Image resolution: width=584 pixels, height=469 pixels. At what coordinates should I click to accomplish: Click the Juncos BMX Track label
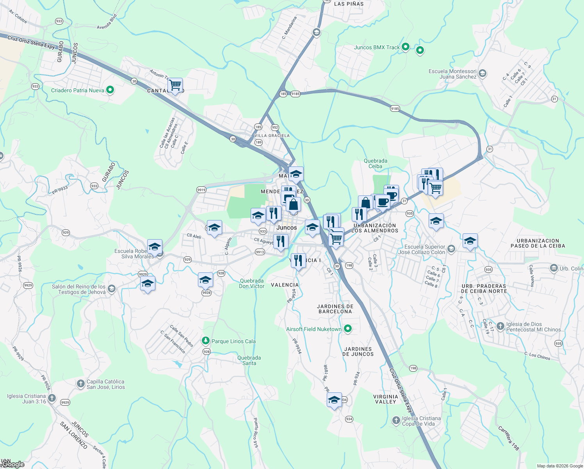pos(377,48)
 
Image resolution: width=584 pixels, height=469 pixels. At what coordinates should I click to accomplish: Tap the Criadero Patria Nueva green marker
pos(110,90)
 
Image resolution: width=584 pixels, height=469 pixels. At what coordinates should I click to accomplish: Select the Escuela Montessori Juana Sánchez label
pos(452,74)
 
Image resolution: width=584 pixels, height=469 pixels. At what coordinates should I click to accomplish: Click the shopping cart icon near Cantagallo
pos(175,85)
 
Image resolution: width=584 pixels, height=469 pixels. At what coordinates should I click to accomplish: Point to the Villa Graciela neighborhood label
pos(272,136)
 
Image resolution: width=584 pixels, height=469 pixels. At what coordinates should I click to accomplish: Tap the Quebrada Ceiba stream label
pos(376,163)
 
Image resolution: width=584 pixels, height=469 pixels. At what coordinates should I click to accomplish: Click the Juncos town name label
pos(287,227)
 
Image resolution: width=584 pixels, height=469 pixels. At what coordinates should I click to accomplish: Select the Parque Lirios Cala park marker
pos(206,341)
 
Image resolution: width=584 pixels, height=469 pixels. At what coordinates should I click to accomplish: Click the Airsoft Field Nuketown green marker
pos(348,329)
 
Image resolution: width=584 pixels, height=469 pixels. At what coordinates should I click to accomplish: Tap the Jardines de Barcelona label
pos(335,309)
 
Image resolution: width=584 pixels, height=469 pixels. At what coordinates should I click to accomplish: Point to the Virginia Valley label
pos(386,399)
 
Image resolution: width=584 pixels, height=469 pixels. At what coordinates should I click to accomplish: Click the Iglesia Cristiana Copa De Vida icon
pos(396,421)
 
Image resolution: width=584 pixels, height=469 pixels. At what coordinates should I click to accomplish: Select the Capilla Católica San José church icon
pos(80,384)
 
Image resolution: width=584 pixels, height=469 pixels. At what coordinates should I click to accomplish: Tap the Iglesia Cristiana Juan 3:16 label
pos(27,399)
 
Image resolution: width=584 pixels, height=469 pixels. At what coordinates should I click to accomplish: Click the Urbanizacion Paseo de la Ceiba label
pos(538,243)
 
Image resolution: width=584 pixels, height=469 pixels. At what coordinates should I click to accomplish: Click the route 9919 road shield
pos(201,190)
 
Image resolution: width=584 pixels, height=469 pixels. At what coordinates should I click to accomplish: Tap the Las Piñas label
pos(349,4)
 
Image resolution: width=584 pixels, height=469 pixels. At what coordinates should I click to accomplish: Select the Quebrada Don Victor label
pos(252,283)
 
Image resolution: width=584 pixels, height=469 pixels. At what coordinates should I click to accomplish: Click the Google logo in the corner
pos(13,464)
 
